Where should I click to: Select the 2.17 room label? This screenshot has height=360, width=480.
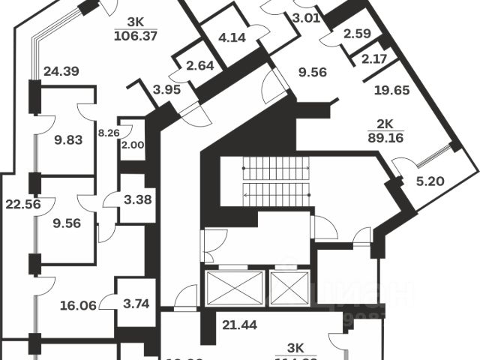pos(375,58)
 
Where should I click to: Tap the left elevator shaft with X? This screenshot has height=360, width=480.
pos(233,289)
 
